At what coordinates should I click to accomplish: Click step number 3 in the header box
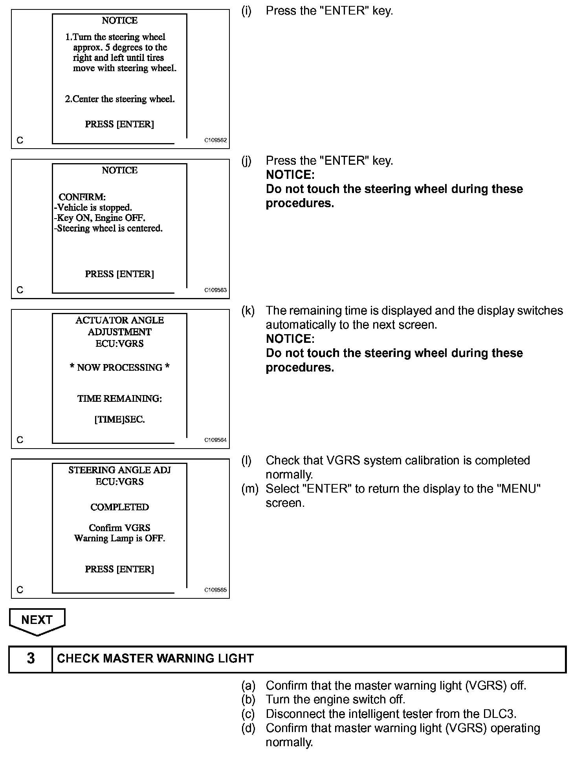[31, 659]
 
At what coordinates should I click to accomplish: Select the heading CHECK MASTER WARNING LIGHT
[155, 659]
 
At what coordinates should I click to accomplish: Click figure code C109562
[215, 140]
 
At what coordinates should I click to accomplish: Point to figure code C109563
[215, 290]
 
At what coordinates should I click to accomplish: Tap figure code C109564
[215, 440]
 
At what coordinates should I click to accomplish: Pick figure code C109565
[215, 590]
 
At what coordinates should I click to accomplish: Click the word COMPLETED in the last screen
[119, 507]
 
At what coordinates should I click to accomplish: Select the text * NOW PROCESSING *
[119, 368]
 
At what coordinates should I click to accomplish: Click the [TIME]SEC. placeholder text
[119, 419]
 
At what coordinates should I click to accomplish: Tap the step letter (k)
[247, 311]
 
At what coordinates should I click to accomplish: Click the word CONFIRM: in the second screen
[82, 197]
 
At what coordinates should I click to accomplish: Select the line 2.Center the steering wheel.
[119, 99]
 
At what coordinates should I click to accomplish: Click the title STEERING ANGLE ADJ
[119, 470]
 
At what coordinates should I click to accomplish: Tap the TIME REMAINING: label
[119, 399]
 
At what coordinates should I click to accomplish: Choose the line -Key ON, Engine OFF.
[100, 218]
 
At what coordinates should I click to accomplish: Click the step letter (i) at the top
[246, 11]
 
